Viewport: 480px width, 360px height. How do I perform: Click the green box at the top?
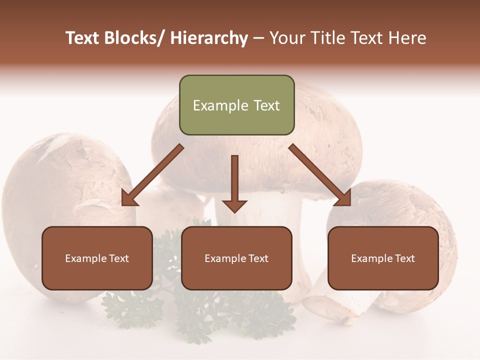pos(236,105)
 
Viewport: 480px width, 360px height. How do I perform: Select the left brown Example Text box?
pos(97,258)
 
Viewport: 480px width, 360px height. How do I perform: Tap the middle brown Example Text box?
pos(236,258)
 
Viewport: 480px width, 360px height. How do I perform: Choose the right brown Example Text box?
pos(383,258)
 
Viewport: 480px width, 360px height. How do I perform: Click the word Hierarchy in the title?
pos(208,38)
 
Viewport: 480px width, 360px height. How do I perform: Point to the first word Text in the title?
pos(83,38)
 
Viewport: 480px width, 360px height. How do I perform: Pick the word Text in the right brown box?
pos(404,258)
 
